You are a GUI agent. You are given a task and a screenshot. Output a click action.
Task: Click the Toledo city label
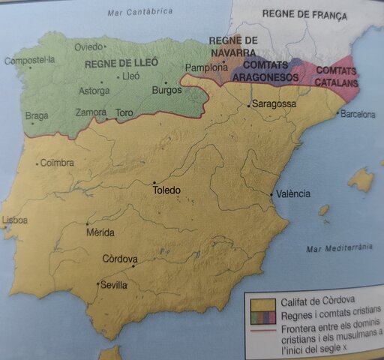[x=166, y=190]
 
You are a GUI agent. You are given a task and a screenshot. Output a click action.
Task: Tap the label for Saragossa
[x=274, y=103]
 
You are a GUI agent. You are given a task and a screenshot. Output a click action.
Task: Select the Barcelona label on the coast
[x=358, y=115]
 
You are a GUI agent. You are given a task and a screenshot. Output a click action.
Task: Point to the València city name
[x=292, y=193]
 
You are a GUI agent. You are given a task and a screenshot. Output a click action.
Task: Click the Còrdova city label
[x=120, y=259]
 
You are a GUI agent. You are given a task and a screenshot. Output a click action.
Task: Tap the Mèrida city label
[x=100, y=232]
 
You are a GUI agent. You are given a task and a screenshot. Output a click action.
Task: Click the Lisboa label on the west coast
[x=15, y=220]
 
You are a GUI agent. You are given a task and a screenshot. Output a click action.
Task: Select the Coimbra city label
[x=57, y=162]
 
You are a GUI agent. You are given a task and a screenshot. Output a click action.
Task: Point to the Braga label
[x=36, y=116]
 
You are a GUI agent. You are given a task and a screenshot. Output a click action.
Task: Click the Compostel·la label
[x=29, y=61]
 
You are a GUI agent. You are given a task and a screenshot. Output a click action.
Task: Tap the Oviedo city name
[x=88, y=47]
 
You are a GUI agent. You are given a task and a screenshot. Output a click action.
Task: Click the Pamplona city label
[x=201, y=67]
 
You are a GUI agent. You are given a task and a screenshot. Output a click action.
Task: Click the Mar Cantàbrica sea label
[x=139, y=11]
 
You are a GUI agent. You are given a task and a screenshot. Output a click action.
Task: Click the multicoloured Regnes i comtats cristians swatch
[x=261, y=314]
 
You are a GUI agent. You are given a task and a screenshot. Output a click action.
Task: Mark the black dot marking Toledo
[x=154, y=182]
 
